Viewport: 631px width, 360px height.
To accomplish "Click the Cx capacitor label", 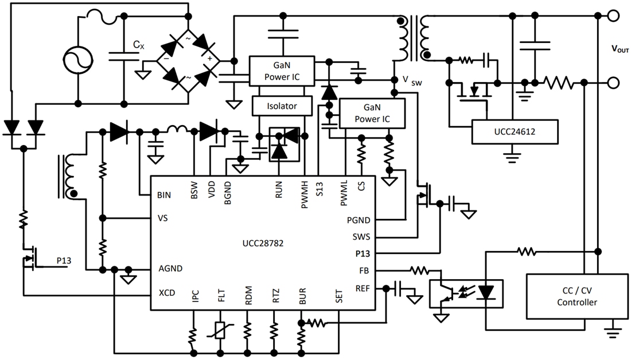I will click(138, 44).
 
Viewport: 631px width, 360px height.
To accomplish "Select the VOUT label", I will click(620, 49).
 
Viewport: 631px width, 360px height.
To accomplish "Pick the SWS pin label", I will click(360, 236).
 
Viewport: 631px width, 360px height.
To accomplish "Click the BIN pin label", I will click(164, 195).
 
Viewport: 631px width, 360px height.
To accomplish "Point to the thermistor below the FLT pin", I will click(220, 330).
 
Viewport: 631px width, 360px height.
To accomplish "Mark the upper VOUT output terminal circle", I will click(613, 15).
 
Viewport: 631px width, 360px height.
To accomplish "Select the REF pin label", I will click(363, 288).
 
